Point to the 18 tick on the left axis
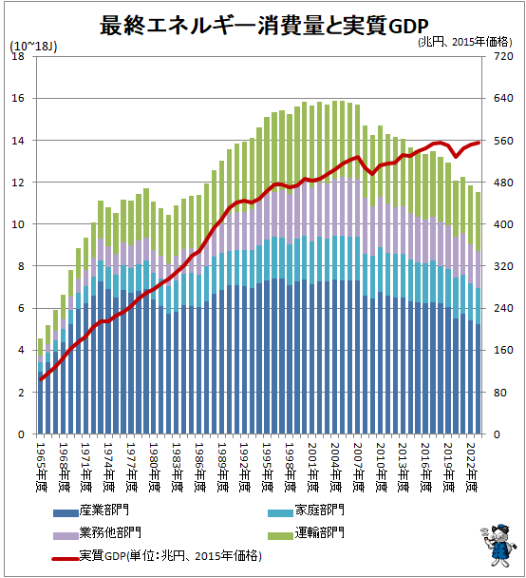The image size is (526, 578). coord(17,56)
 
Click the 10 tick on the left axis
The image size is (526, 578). coord(17,224)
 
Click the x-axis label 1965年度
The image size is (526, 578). coord(41,462)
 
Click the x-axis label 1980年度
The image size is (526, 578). coord(152,462)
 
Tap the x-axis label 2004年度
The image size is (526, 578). coord(334,462)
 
